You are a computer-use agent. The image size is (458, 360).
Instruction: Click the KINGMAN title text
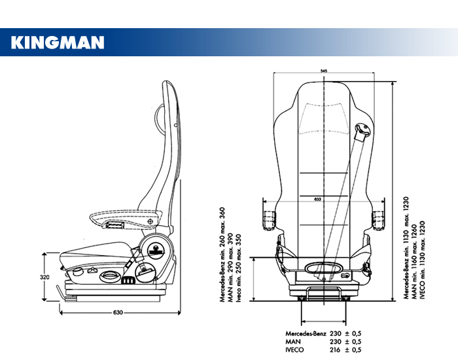[58, 43]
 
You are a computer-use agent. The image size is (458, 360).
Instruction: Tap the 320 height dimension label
[44, 277]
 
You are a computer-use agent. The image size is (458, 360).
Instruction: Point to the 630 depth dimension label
[118, 312]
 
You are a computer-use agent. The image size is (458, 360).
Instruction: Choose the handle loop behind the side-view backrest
[159, 118]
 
